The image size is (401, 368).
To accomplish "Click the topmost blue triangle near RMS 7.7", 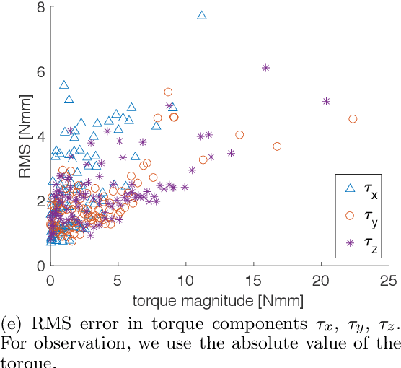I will (x=202, y=15).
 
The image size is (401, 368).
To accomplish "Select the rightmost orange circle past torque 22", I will (x=353, y=119).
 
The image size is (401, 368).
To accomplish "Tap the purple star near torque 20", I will (x=326, y=101).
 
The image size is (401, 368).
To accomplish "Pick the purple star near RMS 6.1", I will (x=265, y=68).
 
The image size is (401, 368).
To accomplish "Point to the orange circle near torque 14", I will (x=239, y=134).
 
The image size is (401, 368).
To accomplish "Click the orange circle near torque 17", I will (x=277, y=146).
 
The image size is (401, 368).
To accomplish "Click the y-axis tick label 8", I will (x=40, y=7).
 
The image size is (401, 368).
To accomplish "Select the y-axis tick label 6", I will (x=40, y=71).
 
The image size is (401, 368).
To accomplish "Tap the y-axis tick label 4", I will (x=40, y=136).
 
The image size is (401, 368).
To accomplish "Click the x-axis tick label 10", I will (x=185, y=279).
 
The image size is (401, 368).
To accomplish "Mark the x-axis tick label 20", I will (x=322, y=279).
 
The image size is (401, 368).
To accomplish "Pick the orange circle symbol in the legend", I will (x=351, y=216).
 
